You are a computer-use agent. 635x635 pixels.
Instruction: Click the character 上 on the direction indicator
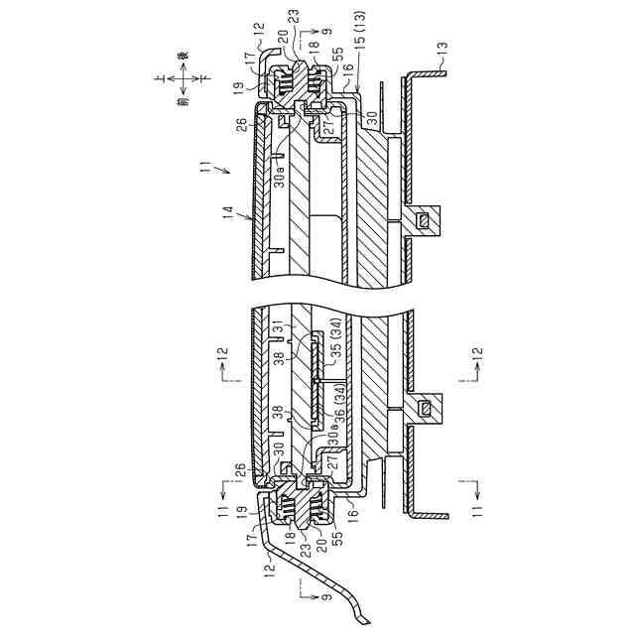[x=160, y=77]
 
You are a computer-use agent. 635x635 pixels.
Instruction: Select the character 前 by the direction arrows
[x=183, y=100]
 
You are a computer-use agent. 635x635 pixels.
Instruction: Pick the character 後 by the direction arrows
[x=183, y=56]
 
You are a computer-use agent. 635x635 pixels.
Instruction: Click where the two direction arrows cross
[x=183, y=77]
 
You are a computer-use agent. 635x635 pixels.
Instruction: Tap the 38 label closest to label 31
[x=281, y=360]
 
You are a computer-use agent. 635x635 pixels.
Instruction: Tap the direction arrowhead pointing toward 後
[x=183, y=64]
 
